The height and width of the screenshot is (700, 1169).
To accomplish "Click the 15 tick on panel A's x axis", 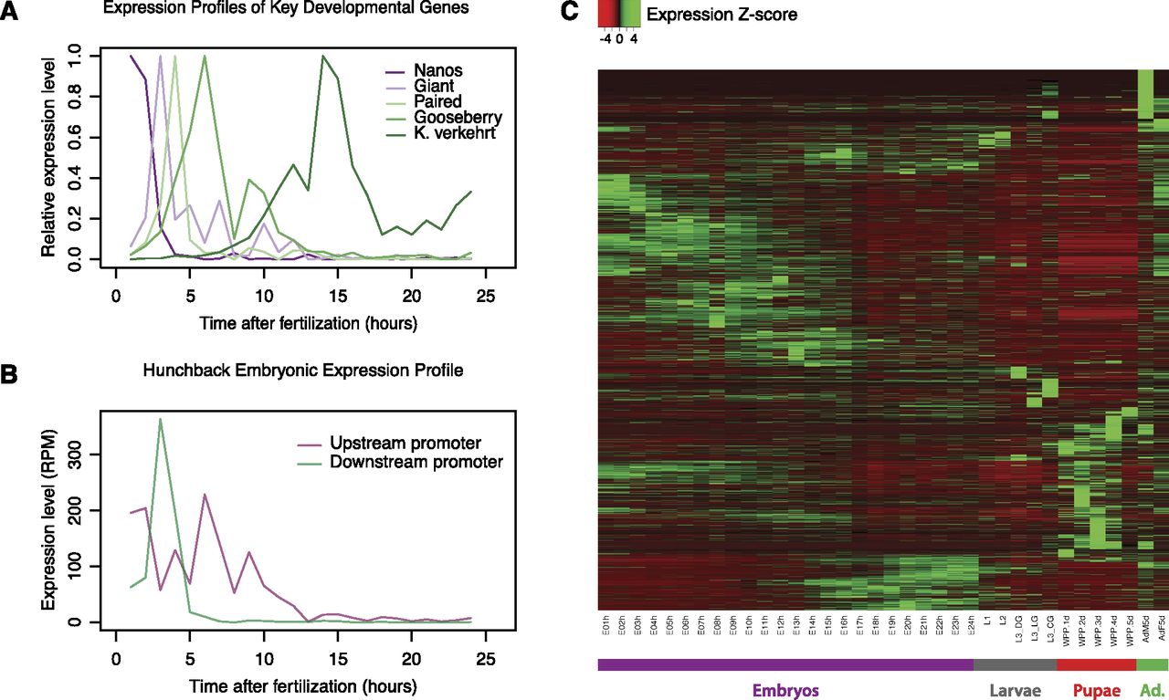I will pos(337,277).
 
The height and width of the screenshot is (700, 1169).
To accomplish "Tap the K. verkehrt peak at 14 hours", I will pos(322,57).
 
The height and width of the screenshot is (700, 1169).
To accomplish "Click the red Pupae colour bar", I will pos(1097,664).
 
